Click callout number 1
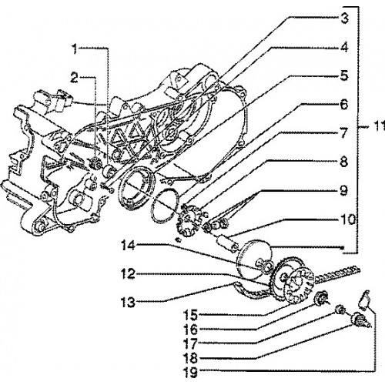[75, 49]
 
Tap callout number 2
[74, 78]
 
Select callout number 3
[344, 18]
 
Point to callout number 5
[344, 76]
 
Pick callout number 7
[344, 133]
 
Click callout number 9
[344, 191]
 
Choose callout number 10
[347, 219]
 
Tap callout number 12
[128, 274]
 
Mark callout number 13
[128, 303]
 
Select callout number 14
[128, 246]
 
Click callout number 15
[190, 315]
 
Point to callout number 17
[190, 343]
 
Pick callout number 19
[190, 372]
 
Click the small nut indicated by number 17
[340, 310]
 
